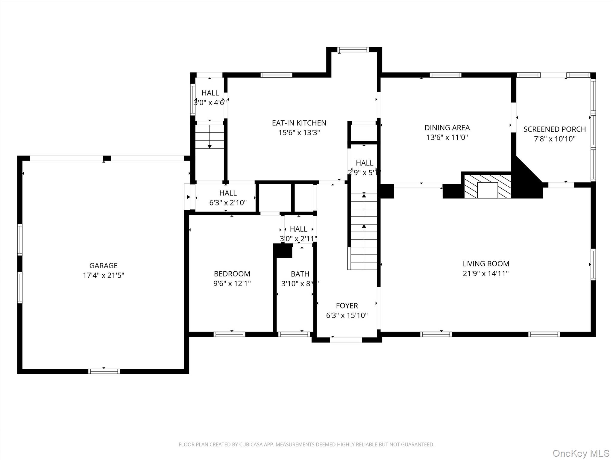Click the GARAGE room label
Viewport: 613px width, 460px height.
click(x=103, y=265)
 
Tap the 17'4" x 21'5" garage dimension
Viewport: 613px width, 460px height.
click(x=103, y=275)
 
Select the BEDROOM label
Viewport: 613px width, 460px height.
click(x=232, y=274)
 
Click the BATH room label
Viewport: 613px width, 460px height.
click(x=300, y=274)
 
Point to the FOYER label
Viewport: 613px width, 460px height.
click(x=347, y=306)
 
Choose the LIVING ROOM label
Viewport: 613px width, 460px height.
click(x=485, y=264)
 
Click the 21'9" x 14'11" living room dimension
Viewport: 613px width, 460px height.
click(x=485, y=273)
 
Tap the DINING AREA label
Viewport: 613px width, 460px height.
click(x=447, y=128)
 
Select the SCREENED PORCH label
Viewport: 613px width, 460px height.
click(x=554, y=129)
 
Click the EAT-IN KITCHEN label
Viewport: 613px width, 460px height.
click(x=299, y=123)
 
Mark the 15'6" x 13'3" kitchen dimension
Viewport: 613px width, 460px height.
click(x=299, y=133)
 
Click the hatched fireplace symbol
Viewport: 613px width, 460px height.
click(x=487, y=186)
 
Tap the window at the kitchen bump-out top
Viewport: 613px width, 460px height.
click(x=353, y=50)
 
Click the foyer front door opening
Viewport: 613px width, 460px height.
click(x=346, y=340)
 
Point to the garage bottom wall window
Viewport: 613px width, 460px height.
click(x=104, y=371)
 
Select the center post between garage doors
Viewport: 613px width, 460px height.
click(x=107, y=158)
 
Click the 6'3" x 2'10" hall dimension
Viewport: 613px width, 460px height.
click(x=228, y=203)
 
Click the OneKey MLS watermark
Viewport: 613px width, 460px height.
click(x=581, y=453)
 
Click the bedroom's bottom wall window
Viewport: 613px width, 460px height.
click(x=229, y=334)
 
